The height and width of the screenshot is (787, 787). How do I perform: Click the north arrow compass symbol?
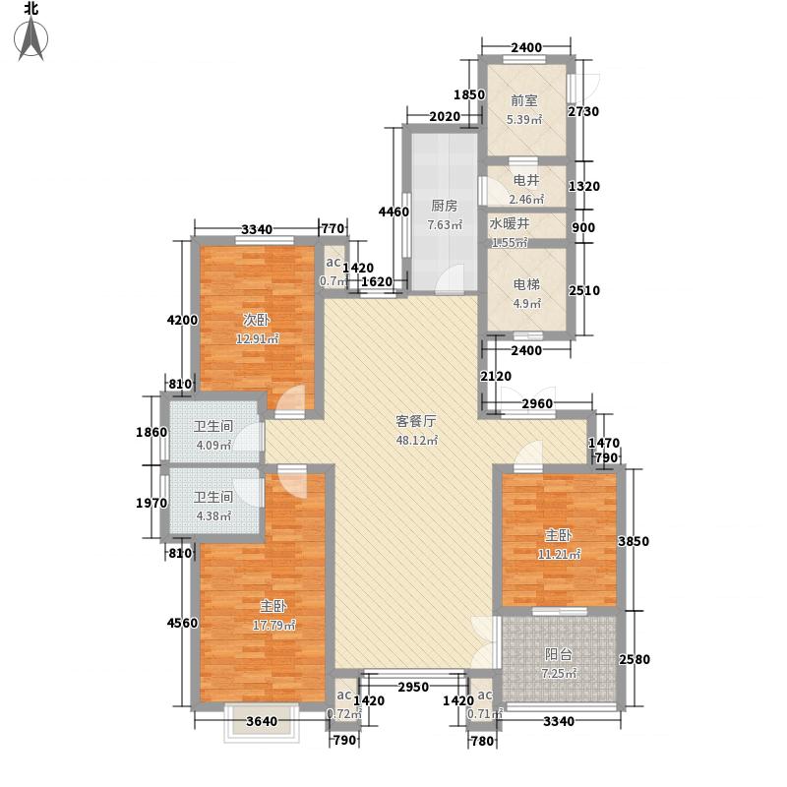(x=32, y=38)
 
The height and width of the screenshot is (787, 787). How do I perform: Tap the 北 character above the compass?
(x=32, y=9)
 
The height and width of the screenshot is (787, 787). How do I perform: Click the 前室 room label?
(x=523, y=99)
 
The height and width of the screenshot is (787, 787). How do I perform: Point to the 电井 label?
(x=526, y=180)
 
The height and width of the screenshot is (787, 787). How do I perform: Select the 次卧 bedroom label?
(x=257, y=320)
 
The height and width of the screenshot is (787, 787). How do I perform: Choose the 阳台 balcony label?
(x=557, y=653)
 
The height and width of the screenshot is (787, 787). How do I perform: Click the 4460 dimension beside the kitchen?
(x=393, y=212)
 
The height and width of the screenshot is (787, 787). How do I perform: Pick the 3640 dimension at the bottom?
(x=261, y=723)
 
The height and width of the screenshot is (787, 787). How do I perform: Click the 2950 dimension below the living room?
(x=413, y=687)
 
